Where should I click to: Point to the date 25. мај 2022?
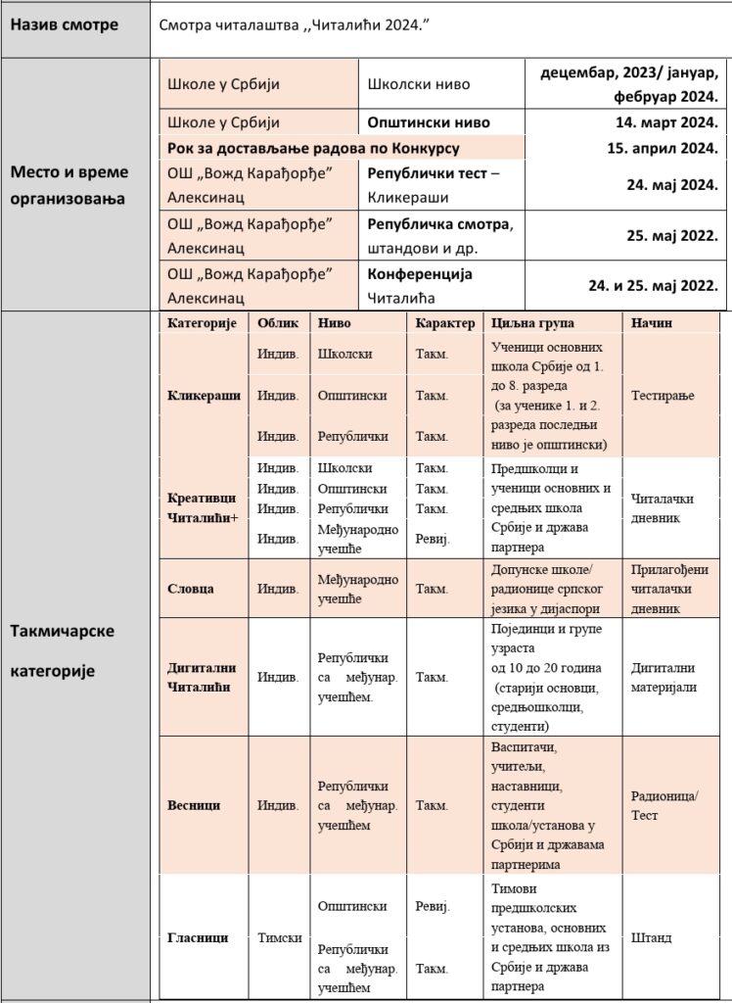coord(673,235)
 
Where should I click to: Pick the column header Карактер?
coord(444,323)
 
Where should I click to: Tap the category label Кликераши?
coord(205,396)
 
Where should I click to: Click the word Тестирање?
coord(663,396)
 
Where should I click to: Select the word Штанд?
coord(651,937)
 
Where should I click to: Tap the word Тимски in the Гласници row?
coord(279,937)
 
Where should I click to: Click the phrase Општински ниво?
coord(429,122)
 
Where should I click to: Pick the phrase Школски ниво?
coord(419,84)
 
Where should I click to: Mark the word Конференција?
coord(420,274)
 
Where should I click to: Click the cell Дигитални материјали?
coord(663,678)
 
